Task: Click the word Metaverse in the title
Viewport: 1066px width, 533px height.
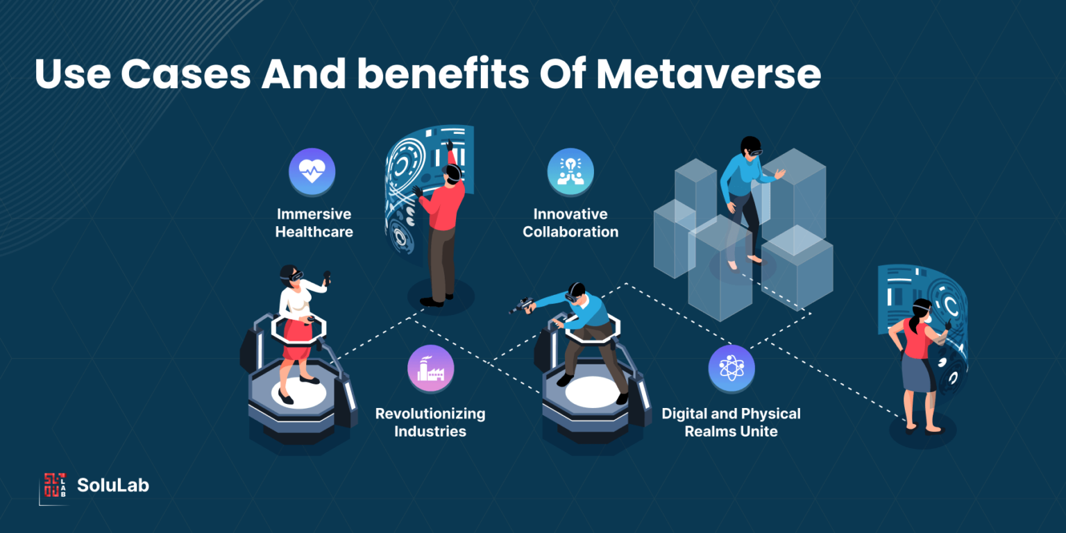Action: (709, 74)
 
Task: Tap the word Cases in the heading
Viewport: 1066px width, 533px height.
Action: (185, 74)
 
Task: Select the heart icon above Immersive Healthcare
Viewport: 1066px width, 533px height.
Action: (312, 171)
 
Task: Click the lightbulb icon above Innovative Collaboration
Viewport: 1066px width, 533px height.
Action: (570, 171)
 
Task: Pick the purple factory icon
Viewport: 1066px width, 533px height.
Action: (431, 369)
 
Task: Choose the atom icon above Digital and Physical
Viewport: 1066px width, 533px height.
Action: (731, 369)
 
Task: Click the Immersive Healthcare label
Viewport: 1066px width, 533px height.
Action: (314, 223)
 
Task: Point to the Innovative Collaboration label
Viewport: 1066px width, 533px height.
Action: (570, 223)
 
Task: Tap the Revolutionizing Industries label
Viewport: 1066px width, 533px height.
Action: (430, 422)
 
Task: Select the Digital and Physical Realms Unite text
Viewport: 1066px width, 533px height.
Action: (731, 422)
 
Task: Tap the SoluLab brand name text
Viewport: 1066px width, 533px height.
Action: (113, 485)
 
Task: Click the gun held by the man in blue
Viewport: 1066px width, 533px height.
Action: (522, 305)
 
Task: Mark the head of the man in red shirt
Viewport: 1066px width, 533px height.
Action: (452, 173)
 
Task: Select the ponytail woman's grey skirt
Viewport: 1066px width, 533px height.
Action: (917, 374)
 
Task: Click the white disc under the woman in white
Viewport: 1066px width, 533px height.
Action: (299, 393)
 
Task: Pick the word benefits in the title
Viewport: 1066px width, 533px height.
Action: (443, 74)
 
